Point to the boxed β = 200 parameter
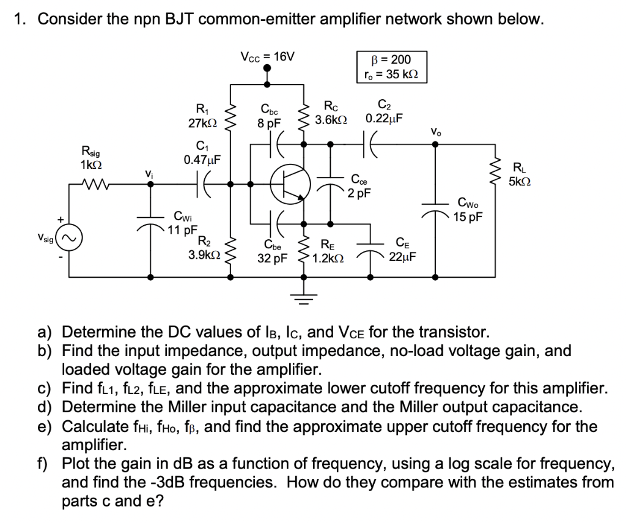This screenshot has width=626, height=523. click(391, 60)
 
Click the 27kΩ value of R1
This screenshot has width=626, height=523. click(200, 122)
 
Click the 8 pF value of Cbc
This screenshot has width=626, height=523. click(269, 122)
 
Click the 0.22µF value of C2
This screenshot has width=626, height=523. click(384, 117)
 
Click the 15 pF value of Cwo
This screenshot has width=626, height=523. click(468, 216)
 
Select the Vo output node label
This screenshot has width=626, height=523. click(435, 131)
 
